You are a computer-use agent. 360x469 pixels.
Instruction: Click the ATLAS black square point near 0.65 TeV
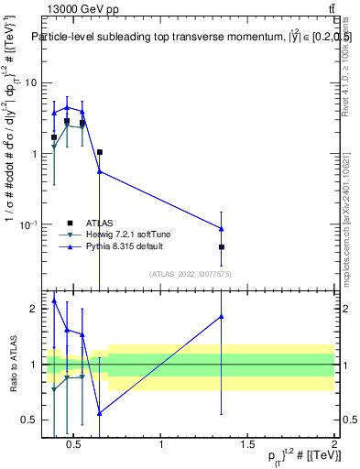pyautogui.click(x=99, y=152)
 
